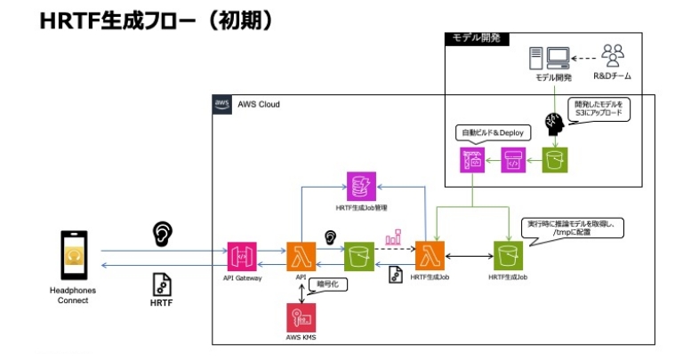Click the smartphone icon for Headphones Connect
pos(74,258)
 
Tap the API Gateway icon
pos(243,257)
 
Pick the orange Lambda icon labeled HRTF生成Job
pos(430,257)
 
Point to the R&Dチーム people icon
pos(613,56)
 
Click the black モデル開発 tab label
pos(476,38)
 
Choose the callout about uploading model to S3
pos(599,109)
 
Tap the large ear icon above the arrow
pos(162,233)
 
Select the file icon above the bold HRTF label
pos(162,284)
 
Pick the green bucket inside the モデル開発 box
pos(556,160)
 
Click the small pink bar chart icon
pos(392,239)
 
